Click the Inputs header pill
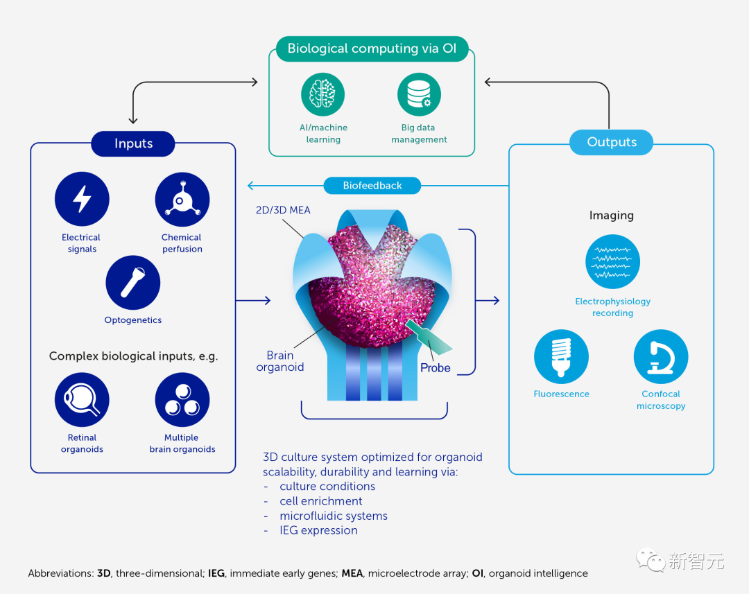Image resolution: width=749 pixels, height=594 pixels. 133,143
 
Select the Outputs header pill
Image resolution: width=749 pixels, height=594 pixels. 611,142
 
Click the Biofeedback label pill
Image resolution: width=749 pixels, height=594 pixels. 372,186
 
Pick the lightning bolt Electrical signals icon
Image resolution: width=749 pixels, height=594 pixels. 82,200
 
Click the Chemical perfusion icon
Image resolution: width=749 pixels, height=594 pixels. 182,200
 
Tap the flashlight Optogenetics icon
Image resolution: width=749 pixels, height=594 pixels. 132,283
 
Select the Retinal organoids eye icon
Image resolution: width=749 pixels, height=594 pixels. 82,400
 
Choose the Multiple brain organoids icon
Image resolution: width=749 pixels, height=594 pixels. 182,400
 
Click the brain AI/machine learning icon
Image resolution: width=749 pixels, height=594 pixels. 323,95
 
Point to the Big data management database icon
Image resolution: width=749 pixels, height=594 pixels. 419,95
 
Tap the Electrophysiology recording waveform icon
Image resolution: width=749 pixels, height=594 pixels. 612,262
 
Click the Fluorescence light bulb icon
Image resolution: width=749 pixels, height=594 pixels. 561,357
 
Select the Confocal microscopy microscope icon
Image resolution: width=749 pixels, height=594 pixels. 661,357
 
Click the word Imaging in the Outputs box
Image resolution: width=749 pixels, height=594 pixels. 611,216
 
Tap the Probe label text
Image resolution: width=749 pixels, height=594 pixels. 435,368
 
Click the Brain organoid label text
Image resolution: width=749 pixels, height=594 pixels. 280,361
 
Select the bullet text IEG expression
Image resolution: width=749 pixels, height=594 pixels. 318,530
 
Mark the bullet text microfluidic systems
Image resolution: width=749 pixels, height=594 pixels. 334,516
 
